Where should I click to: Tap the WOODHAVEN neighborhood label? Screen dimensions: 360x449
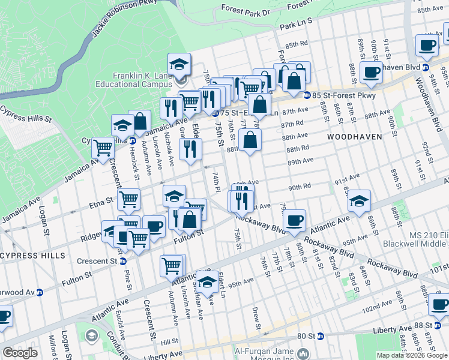[354, 137]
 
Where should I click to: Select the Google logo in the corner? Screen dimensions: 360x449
[20, 353]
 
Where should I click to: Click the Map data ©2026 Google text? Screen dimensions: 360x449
[412, 355]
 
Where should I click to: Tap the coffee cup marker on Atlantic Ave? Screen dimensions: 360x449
[294, 220]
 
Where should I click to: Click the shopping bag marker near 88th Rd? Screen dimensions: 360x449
[250, 141]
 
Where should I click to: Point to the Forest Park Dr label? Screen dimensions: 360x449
[246, 10]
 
